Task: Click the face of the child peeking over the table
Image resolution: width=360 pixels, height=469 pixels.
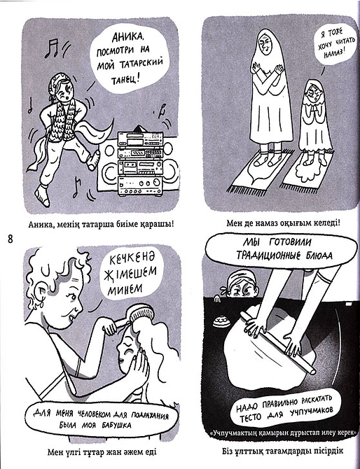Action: pos(240,288)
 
